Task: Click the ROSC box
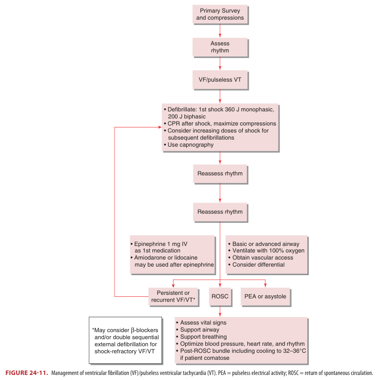(x=221, y=296)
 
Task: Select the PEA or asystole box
(x=265, y=296)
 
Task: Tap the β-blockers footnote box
(x=125, y=340)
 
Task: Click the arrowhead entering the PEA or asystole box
(x=265, y=285)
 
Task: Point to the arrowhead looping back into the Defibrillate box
(x=157, y=127)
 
